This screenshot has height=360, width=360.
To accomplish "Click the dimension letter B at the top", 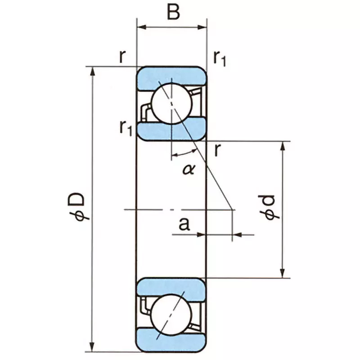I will coord(173,12).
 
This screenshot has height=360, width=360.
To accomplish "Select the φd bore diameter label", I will coord(271,208).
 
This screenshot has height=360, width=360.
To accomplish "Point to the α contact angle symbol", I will coord(189,169).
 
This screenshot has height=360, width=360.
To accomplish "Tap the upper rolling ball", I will coord(171,103).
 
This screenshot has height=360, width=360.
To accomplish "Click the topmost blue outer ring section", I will coord(171,74).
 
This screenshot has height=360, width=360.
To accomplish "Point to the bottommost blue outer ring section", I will coord(171,343).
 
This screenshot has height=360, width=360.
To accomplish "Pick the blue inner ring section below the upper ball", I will coord(171,130).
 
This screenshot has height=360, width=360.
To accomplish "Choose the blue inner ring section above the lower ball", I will coord(171,286).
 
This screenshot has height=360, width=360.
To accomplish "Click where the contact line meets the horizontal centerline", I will coord(232,209).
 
